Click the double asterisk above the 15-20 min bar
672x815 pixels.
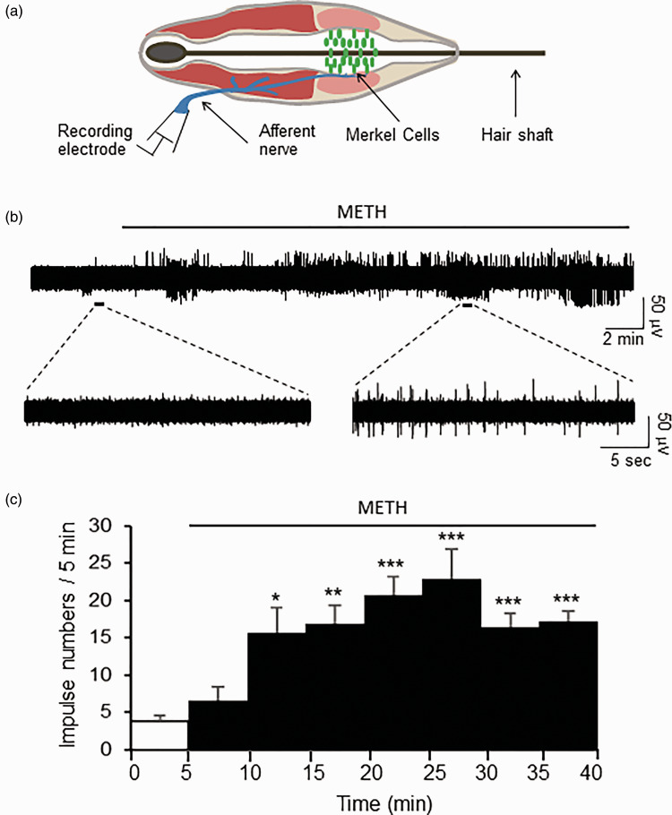(x=334, y=592)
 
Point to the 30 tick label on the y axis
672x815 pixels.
(x=113, y=526)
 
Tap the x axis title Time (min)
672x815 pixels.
(x=363, y=796)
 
